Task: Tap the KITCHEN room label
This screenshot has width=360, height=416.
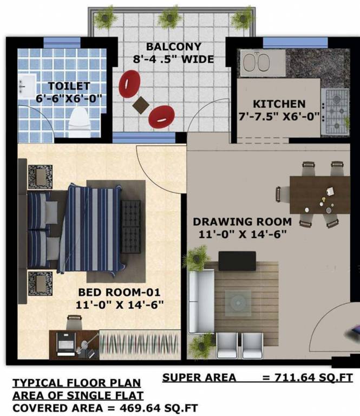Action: (279, 103)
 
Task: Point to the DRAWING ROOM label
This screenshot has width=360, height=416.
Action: (243, 222)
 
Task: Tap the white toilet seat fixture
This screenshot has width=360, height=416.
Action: (79, 122)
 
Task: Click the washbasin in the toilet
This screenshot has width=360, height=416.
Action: (25, 86)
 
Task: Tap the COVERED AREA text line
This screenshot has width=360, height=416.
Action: (105, 407)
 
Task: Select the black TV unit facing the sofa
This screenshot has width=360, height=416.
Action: (237, 261)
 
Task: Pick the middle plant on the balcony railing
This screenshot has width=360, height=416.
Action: (169, 16)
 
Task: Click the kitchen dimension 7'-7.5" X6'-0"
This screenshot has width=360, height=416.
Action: (279, 116)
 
